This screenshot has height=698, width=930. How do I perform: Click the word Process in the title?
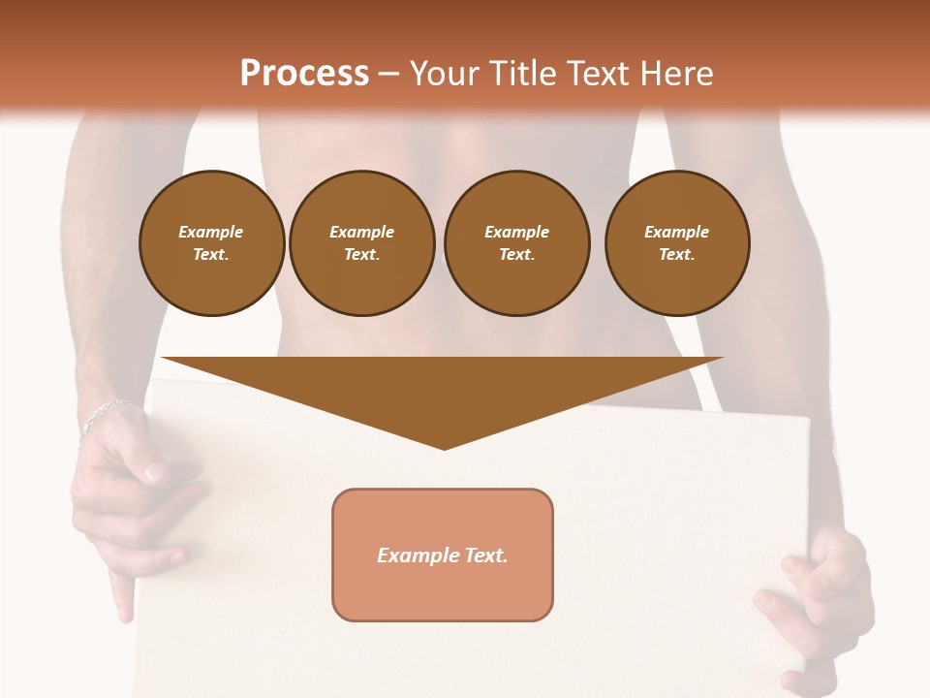304,74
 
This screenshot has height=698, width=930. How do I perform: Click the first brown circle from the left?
211,243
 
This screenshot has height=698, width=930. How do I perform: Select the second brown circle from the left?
361,243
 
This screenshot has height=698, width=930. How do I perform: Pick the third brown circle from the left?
516,243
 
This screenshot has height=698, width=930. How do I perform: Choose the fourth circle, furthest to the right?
676,243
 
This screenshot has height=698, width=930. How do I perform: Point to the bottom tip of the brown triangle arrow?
444,448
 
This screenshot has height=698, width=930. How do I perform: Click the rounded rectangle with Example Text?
443,555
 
